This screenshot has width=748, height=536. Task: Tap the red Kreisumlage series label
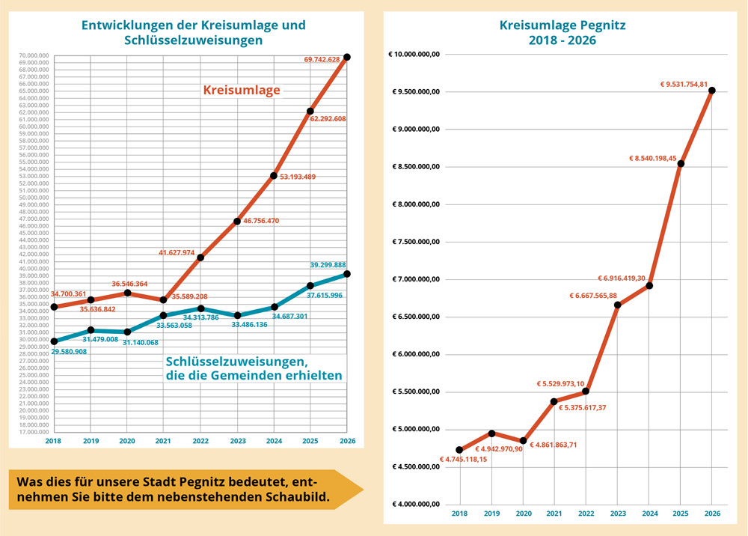[242, 91]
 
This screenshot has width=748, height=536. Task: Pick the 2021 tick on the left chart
[163, 441]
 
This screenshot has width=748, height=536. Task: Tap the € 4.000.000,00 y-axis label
[416, 505]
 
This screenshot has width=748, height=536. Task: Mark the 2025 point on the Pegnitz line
[681, 163]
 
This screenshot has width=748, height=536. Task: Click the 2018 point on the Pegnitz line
[459, 450]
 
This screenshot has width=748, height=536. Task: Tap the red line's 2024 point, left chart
[274, 175]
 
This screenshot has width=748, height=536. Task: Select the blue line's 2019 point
[91, 330]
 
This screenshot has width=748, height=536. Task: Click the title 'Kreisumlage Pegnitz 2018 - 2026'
[562, 33]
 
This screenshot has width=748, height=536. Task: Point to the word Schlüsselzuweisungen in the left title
[193, 40]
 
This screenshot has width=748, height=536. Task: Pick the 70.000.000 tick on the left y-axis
[36, 55]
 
